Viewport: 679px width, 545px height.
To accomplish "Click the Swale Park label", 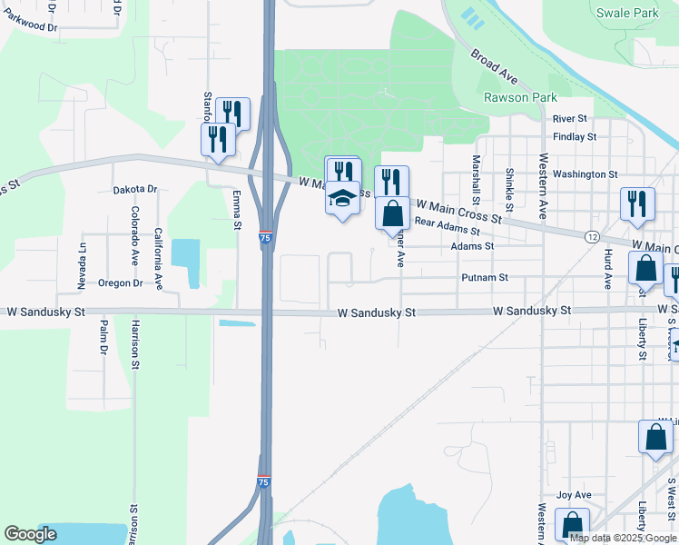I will coord(627,13).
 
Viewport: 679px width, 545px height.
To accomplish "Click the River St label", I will coord(570,118).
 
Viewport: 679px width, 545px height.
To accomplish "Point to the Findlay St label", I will coord(574,137).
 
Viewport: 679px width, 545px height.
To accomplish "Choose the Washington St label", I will coord(585,173).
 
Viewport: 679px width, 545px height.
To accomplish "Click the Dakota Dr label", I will coord(135,190).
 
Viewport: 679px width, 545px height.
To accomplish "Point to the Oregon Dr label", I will coord(121,282).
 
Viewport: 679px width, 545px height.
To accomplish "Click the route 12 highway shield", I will coord(592,236).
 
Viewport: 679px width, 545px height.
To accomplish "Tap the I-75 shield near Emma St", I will coord(264,238).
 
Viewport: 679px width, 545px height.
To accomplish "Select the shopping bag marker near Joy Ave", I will coord(572,525).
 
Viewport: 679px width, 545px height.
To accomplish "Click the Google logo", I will coord(30,534).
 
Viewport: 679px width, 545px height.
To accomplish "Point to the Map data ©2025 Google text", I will coord(623,538).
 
